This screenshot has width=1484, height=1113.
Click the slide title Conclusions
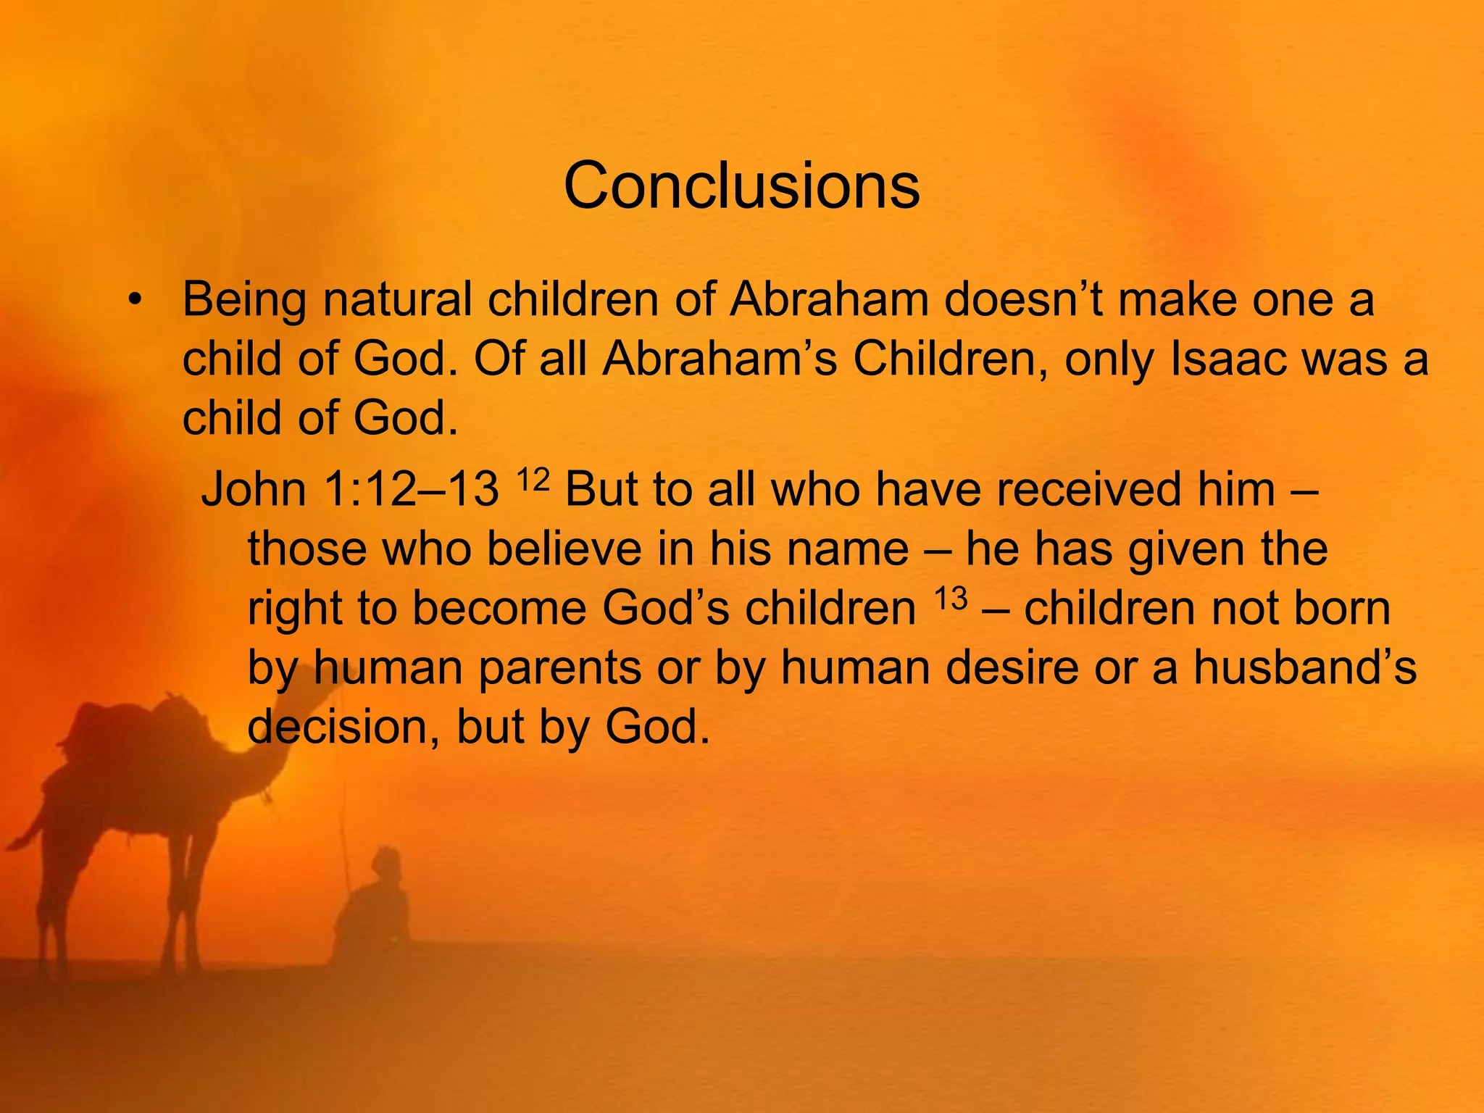pos(741,186)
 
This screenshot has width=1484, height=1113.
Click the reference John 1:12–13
pos(350,489)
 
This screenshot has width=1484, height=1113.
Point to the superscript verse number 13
pos(950,599)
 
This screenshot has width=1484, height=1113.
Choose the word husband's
pos(1304,667)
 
